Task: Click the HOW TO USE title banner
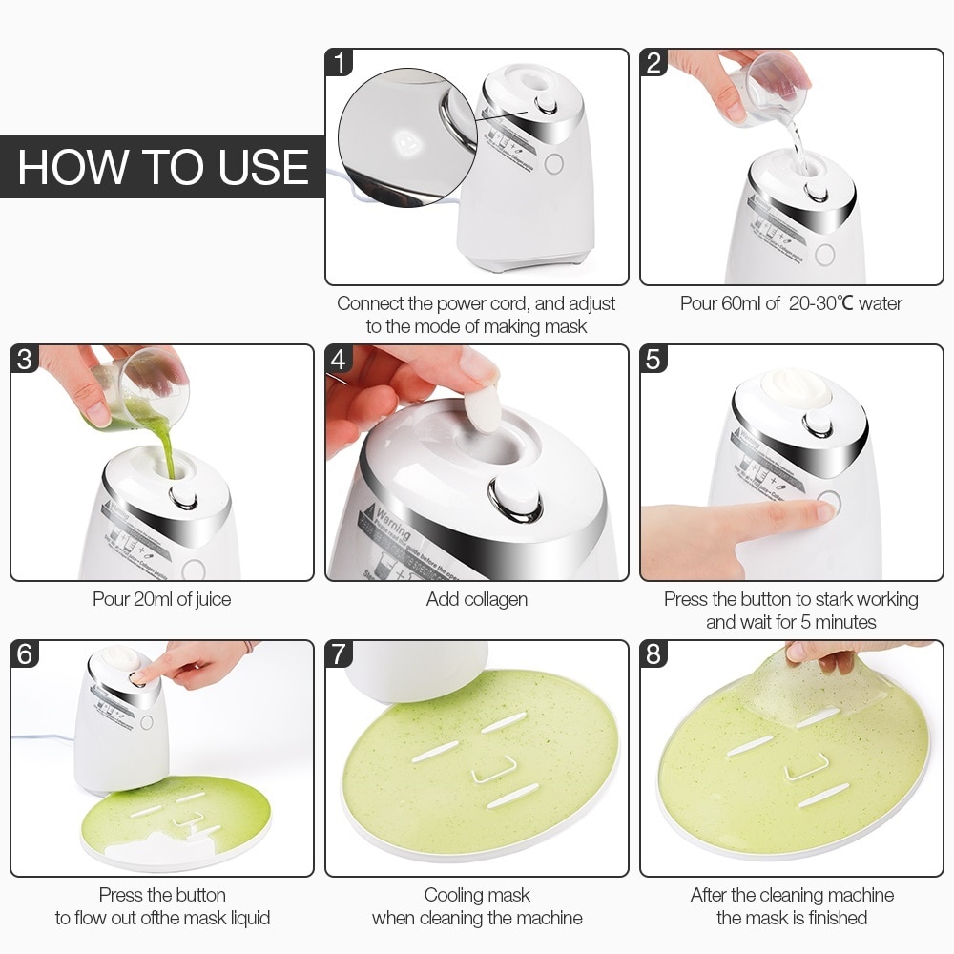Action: pyautogui.click(x=162, y=167)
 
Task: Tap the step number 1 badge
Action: pyautogui.click(x=339, y=63)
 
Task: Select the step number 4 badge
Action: pyautogui.click(x=339, y=359)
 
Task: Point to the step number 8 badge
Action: pyautogui.click(x=653, y=654)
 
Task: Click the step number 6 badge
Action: pyautogui.click(x=25, y=654)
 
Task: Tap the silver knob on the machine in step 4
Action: pyautogui.click(x=514, y=498)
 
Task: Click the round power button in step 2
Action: pyautogui.click(x=824, y=255)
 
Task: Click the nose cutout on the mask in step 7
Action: pyautogui.click(x=495, y=763)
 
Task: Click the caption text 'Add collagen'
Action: pyautogui.click(x=476, y=600)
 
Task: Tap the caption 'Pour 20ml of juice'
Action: pyautogui.click(x=161, y=600)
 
